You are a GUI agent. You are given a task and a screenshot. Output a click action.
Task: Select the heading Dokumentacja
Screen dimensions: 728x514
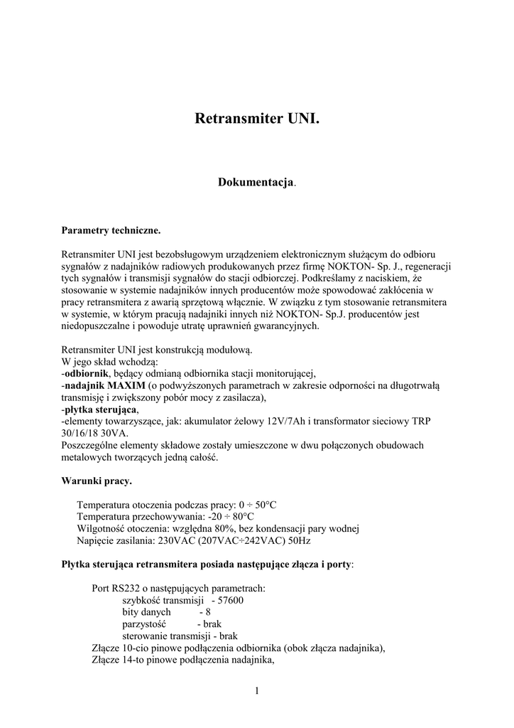tap(255, 183)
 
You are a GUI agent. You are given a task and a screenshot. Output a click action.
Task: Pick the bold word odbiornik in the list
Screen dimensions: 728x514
tap(87, 373)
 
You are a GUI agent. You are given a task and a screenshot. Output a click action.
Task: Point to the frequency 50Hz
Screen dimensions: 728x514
tap(297, 540)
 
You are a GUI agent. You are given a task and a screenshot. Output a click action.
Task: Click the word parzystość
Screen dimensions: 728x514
tap(144, 623)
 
